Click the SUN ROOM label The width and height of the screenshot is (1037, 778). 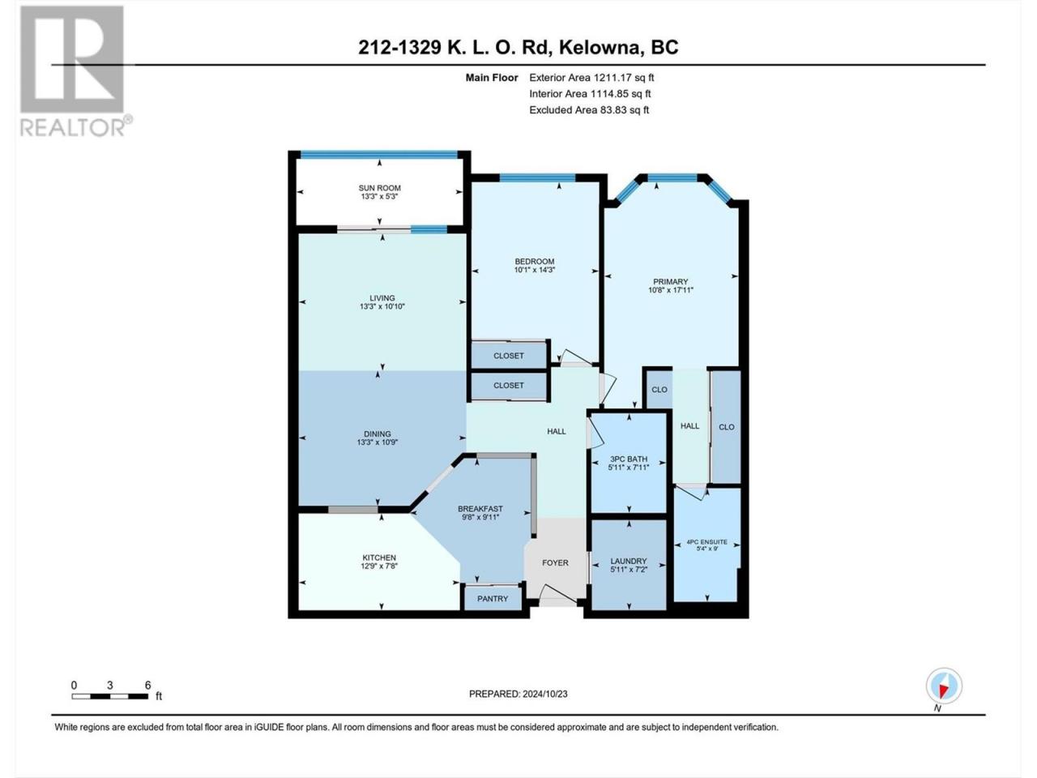pos(379,188)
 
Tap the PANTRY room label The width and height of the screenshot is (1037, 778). pos(493,599)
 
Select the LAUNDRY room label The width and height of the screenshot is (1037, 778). pos(629,561)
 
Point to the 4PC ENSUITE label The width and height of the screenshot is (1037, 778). pos(706,542)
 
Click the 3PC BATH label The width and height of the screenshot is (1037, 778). pos(629,460)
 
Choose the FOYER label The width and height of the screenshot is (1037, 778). pos(555,563)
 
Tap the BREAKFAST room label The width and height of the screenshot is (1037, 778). pos(480,509)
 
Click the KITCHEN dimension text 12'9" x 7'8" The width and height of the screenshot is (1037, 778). pos(379,566)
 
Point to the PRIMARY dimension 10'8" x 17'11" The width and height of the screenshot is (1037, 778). pos(670,290)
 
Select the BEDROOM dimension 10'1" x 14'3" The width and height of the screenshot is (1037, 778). pos(535,270)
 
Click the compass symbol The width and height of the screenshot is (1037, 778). pos(944,686)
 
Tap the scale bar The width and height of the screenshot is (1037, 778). pos(110,696)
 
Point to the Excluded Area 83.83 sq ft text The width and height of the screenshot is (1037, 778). pos(589,110)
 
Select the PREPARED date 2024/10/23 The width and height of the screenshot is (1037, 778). pos(544,694)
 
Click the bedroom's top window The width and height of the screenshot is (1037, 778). pos(538,177)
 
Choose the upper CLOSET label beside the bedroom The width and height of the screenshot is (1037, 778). pos(509,356)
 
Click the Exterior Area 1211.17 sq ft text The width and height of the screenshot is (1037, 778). pos(592,78)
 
